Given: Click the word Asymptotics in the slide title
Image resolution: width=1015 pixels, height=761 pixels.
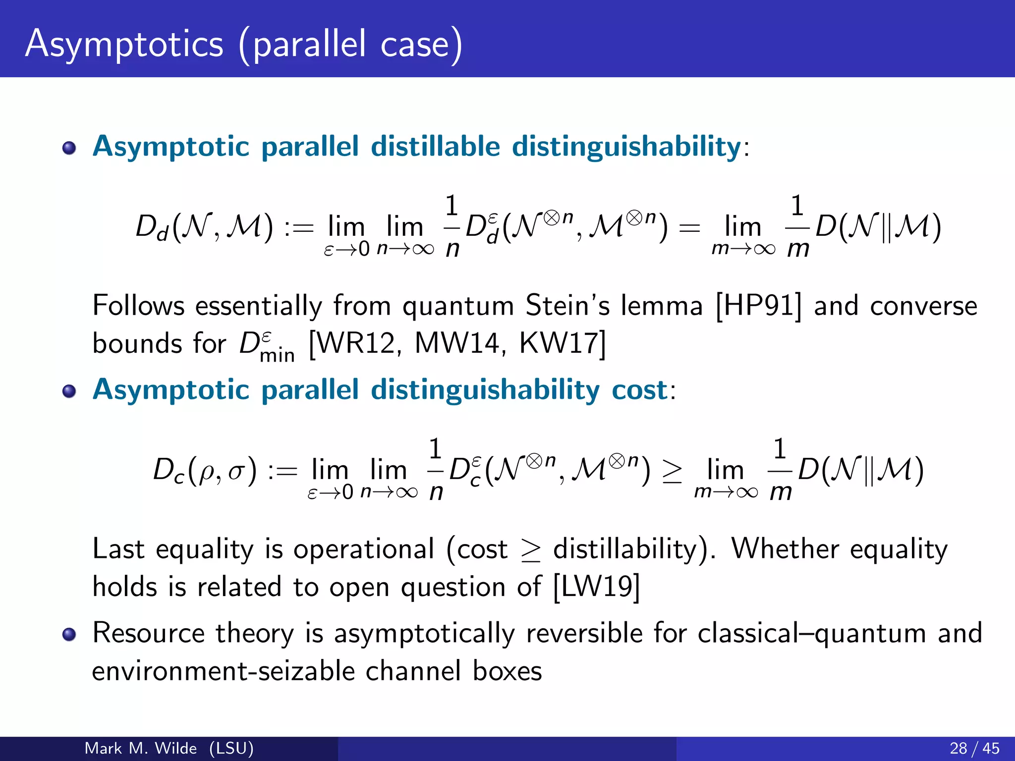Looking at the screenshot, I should [124, 45].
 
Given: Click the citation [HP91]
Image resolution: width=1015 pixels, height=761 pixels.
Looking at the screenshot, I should [758, 306].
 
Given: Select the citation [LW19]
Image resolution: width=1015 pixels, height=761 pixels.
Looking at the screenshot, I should [596, 587].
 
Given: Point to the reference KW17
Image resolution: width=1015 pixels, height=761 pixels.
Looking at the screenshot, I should [559, 343].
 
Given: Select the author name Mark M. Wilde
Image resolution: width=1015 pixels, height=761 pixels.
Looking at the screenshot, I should [141, 748].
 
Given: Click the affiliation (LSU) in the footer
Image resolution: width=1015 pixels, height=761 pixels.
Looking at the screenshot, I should [231, 748].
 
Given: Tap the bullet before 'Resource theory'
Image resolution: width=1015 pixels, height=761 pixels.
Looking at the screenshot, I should [69, 634].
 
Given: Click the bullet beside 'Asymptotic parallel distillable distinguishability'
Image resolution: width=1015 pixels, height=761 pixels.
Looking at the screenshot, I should [69, 148].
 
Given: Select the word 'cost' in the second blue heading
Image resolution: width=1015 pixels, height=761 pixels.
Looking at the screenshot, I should [640, 389].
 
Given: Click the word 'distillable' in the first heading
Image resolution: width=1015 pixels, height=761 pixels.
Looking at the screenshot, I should [435, 147].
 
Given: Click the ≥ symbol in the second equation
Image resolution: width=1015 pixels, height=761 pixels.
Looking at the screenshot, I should [672, 471].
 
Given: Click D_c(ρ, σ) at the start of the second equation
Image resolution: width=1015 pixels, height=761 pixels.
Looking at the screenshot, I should [205, 470].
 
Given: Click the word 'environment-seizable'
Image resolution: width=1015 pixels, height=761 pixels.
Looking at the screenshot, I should [224, 671].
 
